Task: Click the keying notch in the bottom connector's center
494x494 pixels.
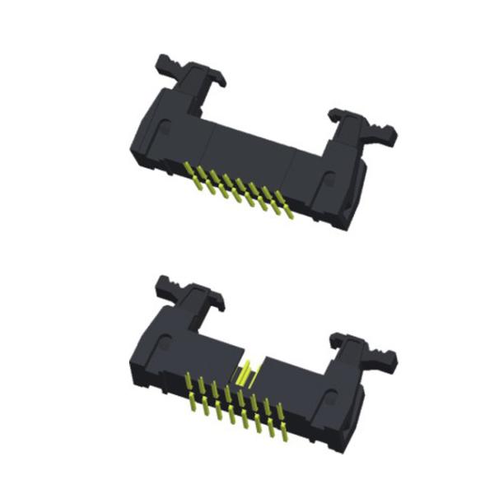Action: (245, 374)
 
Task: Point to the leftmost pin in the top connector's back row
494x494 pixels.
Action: (195, 171)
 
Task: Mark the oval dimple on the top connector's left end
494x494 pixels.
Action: (165, 129)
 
